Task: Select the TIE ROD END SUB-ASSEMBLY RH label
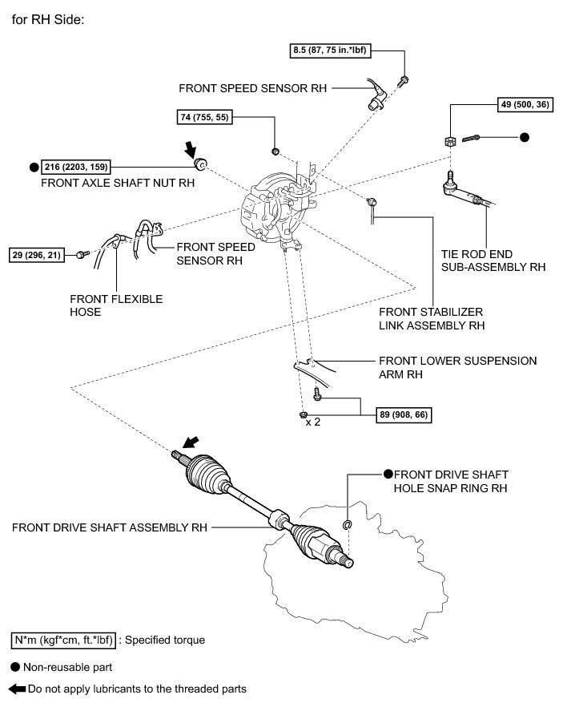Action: (493, 261)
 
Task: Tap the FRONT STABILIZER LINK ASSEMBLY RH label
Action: (432, 318)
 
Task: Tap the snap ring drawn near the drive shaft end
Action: (348, 526)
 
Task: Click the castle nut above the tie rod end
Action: (450, 141)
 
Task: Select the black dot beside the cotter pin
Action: (525, 137)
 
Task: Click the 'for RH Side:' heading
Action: (48, 18)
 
